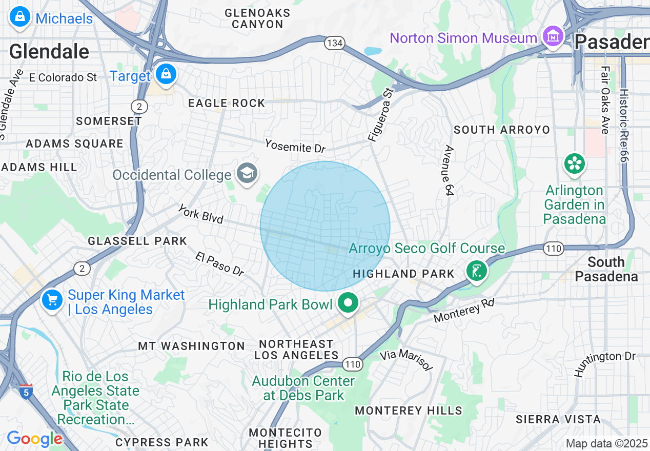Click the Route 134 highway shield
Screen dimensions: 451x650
click(334, 43)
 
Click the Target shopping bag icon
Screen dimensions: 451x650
click(166, 75)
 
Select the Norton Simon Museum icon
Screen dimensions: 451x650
click(554, 36)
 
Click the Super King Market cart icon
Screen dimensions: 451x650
click(52, 299)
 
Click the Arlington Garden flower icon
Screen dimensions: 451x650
click(575, 164)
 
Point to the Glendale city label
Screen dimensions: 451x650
click(49, 51)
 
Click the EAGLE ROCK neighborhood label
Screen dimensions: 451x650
click(227, 103)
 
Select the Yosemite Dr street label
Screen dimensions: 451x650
click(295, 146)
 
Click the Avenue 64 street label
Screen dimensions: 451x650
click(449, 170)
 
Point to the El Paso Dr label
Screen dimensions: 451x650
click(220, 263)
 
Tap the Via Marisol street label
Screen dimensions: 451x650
click(406, 360)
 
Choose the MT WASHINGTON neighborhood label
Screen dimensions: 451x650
click(192, 346)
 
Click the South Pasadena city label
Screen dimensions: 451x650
click(606, 269)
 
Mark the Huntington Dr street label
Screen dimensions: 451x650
click(604, 364)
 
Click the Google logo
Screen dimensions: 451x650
click(34, 439)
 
